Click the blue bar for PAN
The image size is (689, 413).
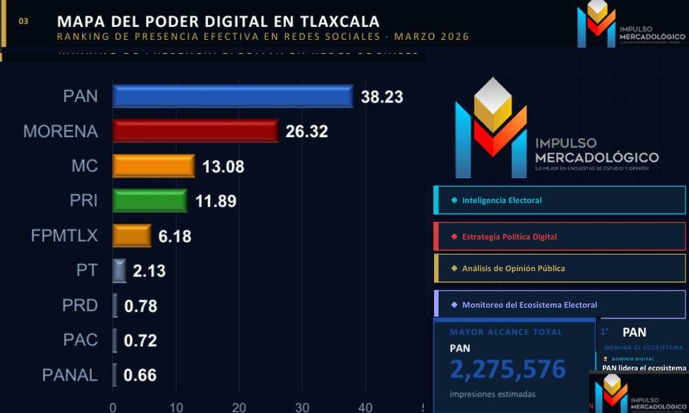pos(232,96)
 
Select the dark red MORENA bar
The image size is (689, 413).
pos(195,131)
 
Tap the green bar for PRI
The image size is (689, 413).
pos(150,200)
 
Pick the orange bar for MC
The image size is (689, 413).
pos(154,166)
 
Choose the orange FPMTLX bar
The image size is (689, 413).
pos(132,236)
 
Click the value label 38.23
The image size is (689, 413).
pos(381,97)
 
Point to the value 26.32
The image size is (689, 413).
pos(307,131)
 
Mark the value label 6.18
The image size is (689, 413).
pos(174,237)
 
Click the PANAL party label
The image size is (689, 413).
pos(70,375)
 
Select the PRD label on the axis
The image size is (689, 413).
pos(80,305)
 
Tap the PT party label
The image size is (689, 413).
pos(87,270)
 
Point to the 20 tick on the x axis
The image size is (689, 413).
pos(239,406)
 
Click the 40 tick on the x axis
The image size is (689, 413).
pos(365,406)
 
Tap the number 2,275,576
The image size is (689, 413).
pos(508,370)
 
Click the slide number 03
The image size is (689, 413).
pos(23,21)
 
